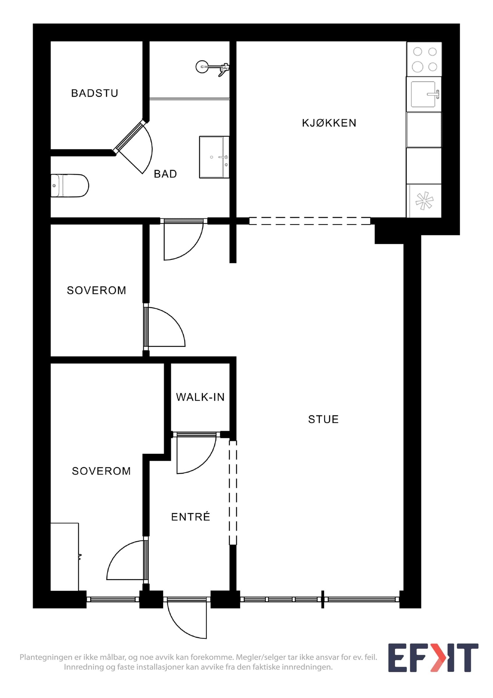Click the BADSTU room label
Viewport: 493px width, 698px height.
(x=94, y=93)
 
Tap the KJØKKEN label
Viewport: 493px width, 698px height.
(x=329, y=123)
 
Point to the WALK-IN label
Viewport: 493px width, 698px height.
(x=200, y=397)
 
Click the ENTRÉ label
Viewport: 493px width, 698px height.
(x=190, y=517)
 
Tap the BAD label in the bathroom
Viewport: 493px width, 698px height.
(x=165, y=174)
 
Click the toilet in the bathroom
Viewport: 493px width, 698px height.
(x=69, y=186)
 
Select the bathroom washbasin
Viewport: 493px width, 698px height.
(x=214, y=157)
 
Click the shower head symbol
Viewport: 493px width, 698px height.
(x=212, y=67)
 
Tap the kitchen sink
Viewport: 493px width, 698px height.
(x=424, y=94)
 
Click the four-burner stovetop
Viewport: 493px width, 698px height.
(x=424, y=59)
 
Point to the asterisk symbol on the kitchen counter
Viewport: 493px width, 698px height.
(x=424, y=201)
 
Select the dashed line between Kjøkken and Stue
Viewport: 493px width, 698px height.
(x=310, y=221)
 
